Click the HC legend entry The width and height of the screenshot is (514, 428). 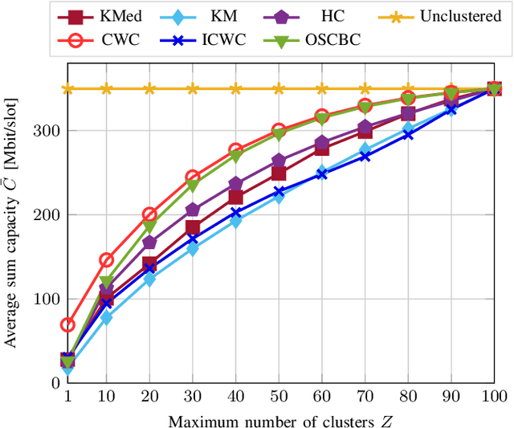tap(310, 15)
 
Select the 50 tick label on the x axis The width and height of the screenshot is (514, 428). tap(279, 397)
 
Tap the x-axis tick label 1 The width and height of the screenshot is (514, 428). tap(67, 397)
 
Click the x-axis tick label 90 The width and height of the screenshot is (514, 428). tap(451, 397)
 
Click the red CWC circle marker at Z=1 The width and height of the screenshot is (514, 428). tap(67, 324)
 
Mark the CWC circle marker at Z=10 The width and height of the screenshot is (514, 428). tap(106, 259)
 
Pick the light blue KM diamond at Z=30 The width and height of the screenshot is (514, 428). tap(193, 249)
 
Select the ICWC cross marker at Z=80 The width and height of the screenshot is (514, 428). tap(408, 134)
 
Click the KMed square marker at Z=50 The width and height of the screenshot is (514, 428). tap(279, 173)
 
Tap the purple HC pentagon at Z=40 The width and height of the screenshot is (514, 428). tap(235, 184)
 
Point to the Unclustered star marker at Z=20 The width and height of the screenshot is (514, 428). tap(149, 88)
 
